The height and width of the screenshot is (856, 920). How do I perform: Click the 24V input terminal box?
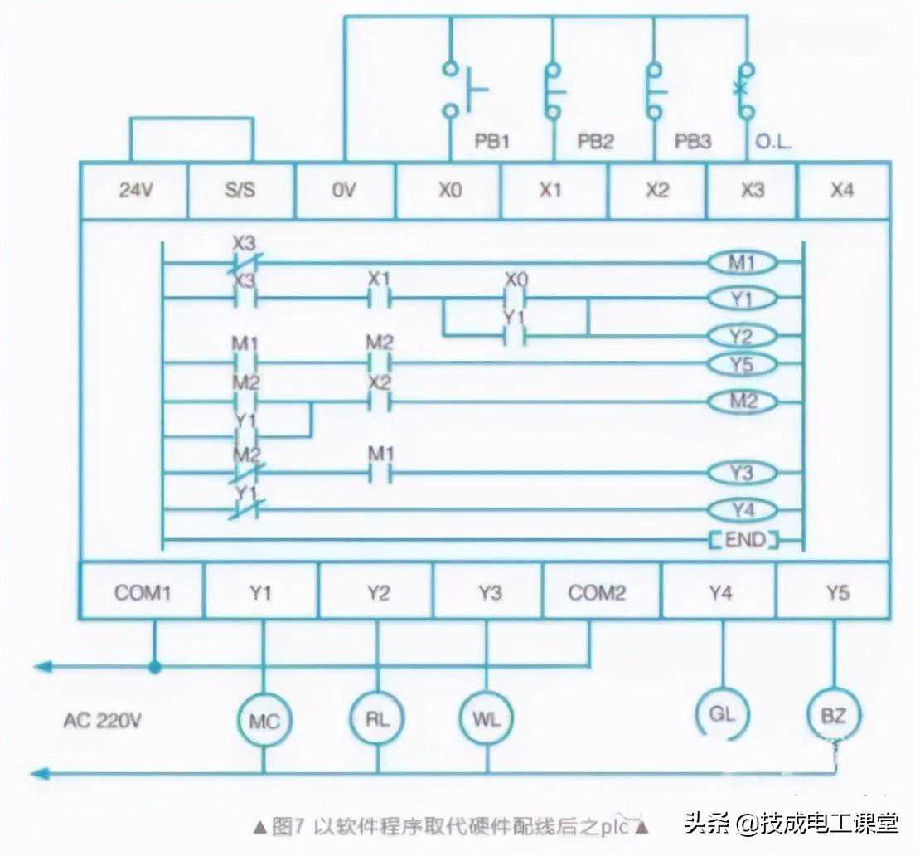[x=134, y=191]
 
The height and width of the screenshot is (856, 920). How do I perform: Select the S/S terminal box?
[x=241, y=191]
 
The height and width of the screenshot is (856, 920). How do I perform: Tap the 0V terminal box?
[x=344, y=191]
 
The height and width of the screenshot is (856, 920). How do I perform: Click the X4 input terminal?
[x=841, y=191]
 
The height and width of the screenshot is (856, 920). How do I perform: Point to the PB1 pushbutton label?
[x=491, y=142]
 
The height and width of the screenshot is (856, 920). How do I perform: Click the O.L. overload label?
[x=773, y=142]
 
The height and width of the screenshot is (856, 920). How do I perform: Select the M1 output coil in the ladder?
[x=743, y=264]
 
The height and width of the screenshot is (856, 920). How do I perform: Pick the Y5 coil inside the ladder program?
[x=743, y=364]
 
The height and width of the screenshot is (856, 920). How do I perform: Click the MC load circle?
[x=264, y=721]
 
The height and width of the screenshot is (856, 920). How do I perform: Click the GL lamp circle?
[x=723, y=713]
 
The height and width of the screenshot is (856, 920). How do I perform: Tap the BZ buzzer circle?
[x=834, y=714]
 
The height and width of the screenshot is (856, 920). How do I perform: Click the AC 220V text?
[x=102, y=720]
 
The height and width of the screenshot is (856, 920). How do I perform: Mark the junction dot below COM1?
[x=154, y=666]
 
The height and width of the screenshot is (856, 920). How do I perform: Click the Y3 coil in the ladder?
[x=743, y=474]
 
